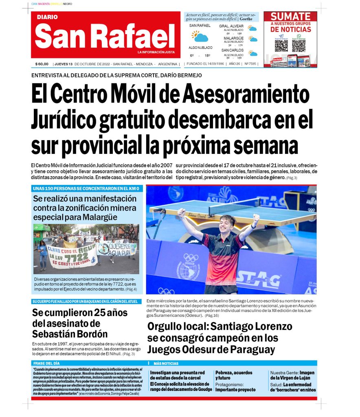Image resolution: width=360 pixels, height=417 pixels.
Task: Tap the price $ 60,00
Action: (x=42, y=64)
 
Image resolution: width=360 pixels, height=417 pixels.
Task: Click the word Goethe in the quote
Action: (x=247, y=19)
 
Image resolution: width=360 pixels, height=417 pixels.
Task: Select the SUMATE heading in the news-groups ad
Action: (x=290, y=17)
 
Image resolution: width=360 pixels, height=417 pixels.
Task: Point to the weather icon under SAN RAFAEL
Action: (x=200, y=37)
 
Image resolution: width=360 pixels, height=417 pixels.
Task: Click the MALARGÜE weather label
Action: (x=233, y=38)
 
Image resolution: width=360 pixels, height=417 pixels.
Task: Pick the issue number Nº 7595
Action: (x=250, y=64)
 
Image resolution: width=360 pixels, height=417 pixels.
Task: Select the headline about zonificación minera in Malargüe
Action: (x=85, y=208)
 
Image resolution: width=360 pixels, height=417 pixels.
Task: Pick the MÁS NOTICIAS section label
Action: (x=166, y=363)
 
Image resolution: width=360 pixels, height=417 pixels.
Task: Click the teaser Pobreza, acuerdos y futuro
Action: (x=234, y=375)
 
